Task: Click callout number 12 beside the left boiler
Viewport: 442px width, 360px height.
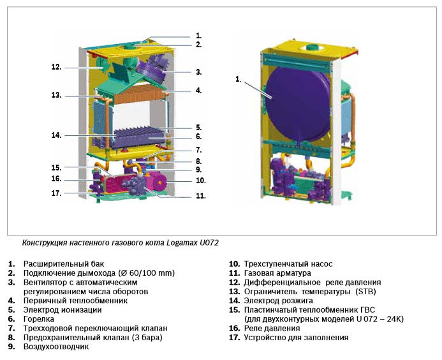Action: point(56,67)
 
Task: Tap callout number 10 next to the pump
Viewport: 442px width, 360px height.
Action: point(201,181)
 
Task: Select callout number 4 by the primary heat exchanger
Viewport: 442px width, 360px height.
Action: point(199,91)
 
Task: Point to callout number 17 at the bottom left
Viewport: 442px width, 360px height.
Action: point(56,193)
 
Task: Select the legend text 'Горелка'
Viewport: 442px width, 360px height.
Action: point(39,319)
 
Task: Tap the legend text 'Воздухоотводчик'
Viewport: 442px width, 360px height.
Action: point(56,347)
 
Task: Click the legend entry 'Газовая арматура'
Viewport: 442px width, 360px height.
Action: point(277,273)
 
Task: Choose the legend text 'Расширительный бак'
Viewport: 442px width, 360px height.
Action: point(64,264)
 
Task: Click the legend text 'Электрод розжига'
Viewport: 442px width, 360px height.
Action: point(278,301)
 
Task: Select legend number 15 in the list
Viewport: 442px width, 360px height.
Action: point(235,310)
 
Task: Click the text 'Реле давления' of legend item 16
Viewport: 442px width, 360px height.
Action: point(272,328)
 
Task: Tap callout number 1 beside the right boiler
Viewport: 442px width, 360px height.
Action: point(239,80)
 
